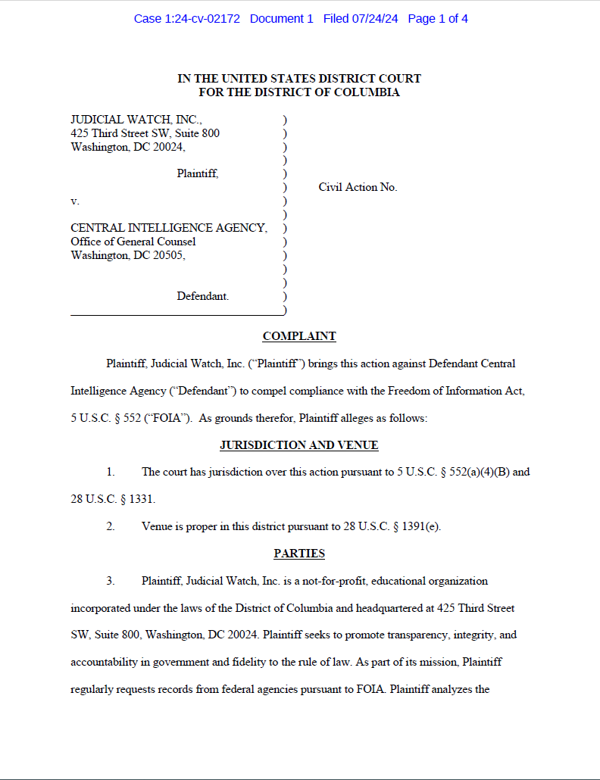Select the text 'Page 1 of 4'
coord(438,19)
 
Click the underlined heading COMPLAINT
coord(299,336)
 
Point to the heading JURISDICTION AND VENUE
coord(299,445)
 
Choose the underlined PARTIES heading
coord(299,554)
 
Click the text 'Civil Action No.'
coord(358,187)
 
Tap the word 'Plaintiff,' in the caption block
coord(198,173)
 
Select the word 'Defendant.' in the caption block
coord(203,296)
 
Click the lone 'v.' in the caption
coord(75,201)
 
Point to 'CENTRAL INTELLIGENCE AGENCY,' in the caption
coord(169,228)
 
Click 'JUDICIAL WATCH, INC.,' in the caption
coord(136,120)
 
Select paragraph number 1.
coord(111,472)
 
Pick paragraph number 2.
coord(111,526)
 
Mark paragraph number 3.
coord(111,581)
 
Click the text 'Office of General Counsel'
coord(133,242)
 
